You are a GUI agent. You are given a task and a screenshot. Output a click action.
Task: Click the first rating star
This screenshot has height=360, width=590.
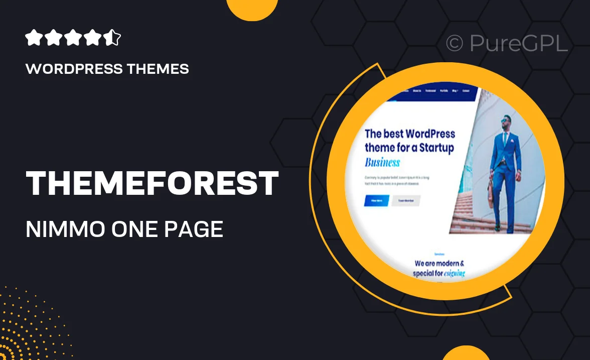tap(33, 38)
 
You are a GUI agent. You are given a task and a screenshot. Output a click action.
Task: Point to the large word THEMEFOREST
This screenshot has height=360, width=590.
tap(152, 184)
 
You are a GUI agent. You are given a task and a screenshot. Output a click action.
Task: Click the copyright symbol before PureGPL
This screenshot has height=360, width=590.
tap(455, 44)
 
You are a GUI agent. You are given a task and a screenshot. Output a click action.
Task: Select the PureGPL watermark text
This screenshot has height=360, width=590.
tap(518, 44)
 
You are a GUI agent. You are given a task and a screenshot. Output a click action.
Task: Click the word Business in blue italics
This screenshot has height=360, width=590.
tap(382, 162)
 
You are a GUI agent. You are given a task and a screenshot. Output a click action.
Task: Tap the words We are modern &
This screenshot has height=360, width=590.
tap(439, 263)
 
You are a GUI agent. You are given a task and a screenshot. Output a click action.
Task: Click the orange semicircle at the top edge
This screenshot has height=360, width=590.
tap(252, 9)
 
